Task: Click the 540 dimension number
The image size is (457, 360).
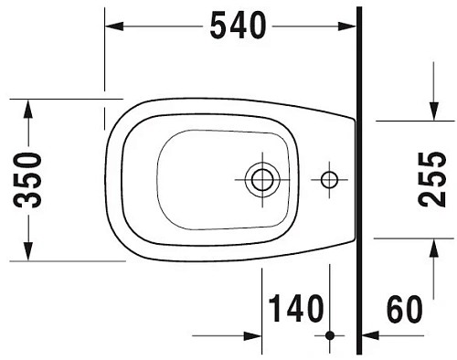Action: pos(238,27)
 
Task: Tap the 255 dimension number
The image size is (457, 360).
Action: pos(432,178)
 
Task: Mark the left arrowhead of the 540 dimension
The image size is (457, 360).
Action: pos(115,27)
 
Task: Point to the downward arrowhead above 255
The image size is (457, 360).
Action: pos(432,110)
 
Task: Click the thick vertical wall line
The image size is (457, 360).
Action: pos(359,183)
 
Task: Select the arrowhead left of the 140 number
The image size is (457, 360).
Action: pos(252,336)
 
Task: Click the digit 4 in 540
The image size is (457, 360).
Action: pos(238,27)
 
